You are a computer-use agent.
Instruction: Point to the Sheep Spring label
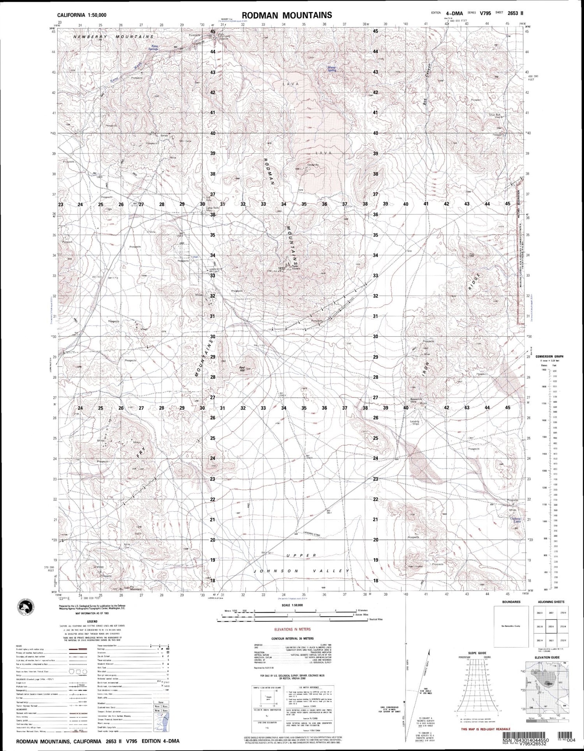[332, 69]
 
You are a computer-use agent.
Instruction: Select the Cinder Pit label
[313, 165]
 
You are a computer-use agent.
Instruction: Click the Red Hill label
[242, 367]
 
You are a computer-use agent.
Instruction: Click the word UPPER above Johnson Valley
[300, 555]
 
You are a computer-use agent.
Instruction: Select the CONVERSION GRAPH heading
[549, 356]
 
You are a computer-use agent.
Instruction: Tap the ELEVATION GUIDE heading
[549, 658]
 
